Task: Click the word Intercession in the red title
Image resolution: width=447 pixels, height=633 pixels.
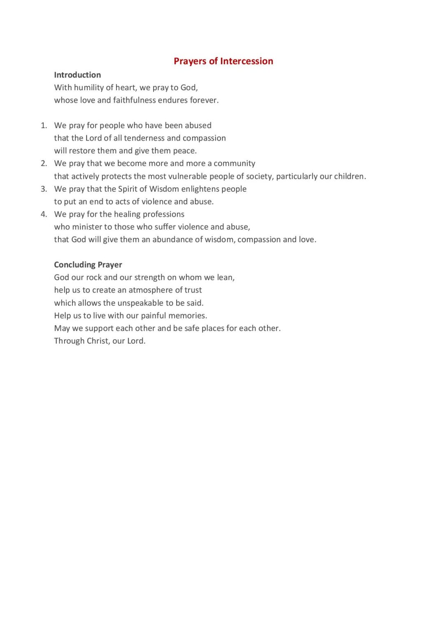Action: tap(247, 61)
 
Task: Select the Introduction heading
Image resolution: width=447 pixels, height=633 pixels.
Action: tap(77, 75)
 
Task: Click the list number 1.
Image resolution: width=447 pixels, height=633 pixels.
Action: tap(43, 125)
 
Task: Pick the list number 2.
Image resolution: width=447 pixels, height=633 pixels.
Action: tap(43, 163)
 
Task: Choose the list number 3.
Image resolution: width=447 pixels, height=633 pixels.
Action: tap(43, 189)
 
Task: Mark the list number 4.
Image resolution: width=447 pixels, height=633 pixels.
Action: tap(43, 214)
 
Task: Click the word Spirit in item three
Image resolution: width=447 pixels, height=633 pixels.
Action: tap(127, 189)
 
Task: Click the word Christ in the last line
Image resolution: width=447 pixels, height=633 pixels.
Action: tap(98, 341)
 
